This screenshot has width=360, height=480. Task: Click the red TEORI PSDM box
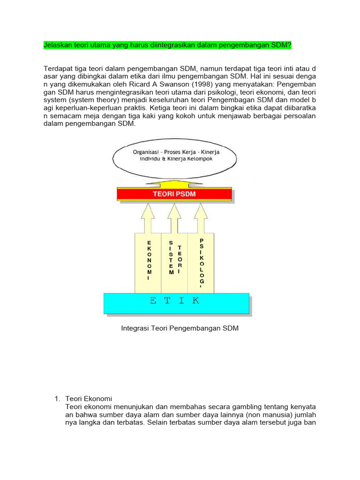[x=173, y=194]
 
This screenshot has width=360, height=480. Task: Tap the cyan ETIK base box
[x=176, y=301]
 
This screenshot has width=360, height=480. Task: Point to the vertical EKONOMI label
[x=149, y=260]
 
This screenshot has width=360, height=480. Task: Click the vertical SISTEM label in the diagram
[x=171, y=257]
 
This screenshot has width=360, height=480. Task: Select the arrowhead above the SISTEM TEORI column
[x=174, y=209]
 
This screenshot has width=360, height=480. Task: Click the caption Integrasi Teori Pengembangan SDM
[x=180, y=329]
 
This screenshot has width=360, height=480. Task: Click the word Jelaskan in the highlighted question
[x=57, y=45]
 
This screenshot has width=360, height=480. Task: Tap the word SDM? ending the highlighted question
[x=281, y=45]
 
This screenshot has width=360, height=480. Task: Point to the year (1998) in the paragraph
[x=182, y=85]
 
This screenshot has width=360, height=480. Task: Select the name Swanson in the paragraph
[x=157, y=85]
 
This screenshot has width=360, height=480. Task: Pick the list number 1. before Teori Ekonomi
[x=58, y=398]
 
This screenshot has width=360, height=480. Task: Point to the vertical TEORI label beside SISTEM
[x=180, y=259]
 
